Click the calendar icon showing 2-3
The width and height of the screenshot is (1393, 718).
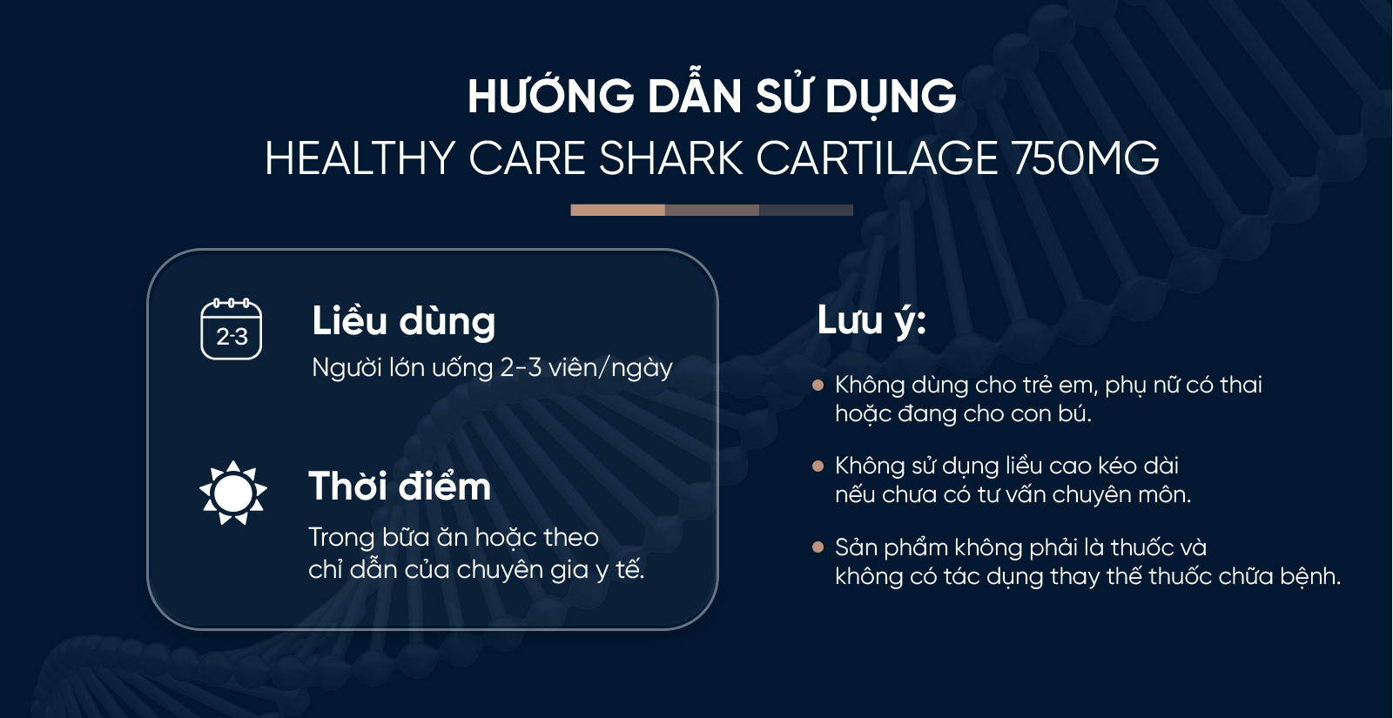point(232,329)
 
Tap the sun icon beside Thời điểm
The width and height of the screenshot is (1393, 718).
point(232,493)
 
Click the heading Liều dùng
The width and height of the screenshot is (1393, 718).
point(403,322)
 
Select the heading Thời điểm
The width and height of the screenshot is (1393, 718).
point(400,486)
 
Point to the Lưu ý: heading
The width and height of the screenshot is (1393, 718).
point(871,321)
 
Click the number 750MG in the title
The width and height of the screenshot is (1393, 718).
point(1085,159)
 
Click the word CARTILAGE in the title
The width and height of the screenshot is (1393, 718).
point(877,159)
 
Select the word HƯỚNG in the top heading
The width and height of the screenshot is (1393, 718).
point(551,97)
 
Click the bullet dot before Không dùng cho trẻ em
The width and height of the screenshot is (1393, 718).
point(818,385)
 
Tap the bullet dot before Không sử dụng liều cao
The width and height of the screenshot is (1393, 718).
point(818,466)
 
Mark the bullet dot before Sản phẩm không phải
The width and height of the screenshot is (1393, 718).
point(818,547)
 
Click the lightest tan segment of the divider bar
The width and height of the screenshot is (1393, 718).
point(617,210)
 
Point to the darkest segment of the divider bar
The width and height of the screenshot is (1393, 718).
point(806,210)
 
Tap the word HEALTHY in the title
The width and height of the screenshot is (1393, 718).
point(360,159)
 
